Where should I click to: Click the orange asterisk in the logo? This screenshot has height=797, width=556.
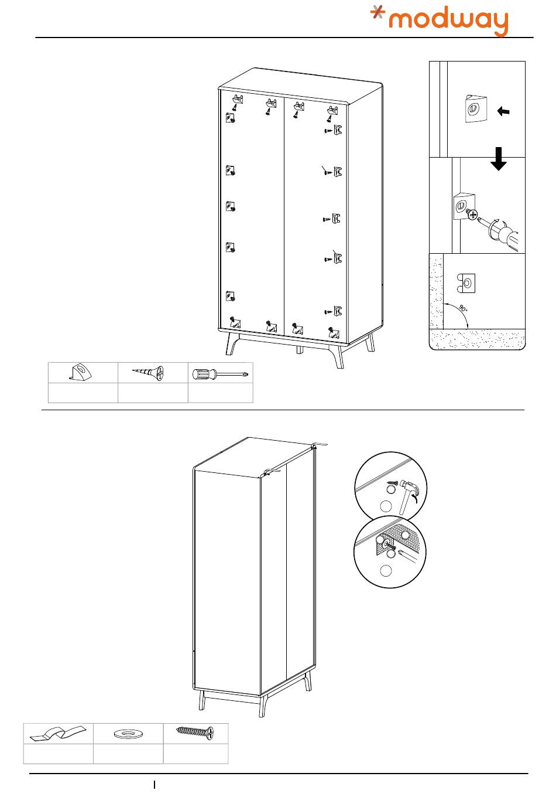[x=379, y=15]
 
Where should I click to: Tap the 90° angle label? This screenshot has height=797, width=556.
[x=462, y=308]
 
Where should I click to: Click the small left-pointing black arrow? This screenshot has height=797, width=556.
[x=502, y=110]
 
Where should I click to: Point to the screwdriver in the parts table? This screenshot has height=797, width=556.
[x=220, y=373]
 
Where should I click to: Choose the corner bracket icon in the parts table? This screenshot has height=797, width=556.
[x=82, y=373]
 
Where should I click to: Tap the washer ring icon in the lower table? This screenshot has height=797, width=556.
[x=128, y=733]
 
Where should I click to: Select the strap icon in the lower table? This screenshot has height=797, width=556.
[x=58, y=733]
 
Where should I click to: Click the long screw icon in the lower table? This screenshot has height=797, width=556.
[x=195, y=732]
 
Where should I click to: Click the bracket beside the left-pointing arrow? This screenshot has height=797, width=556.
[x=475, y=108]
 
